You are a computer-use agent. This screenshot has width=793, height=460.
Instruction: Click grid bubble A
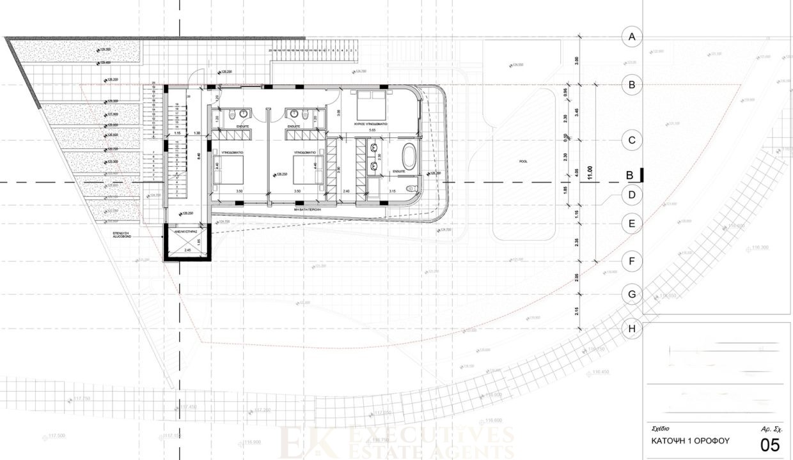tap(632, 36)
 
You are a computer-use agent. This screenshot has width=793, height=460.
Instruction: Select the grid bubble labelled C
tap(632, 140)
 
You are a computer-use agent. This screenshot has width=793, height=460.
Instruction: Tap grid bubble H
tap(632, 328)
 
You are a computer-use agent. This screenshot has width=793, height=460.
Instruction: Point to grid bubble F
tap(632, 261)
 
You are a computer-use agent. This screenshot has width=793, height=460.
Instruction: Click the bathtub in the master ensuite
tap(409, 156)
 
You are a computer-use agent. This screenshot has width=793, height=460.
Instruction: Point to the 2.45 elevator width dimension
tap(187, 250)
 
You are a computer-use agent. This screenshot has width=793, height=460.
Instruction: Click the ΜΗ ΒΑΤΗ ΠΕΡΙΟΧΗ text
tap(307, 208)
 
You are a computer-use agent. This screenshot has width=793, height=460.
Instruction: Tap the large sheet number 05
tap(769, 443)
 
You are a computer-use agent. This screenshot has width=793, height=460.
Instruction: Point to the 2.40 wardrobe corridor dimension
tap(347, 191)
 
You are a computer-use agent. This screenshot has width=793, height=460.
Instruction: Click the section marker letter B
tap(629, 174)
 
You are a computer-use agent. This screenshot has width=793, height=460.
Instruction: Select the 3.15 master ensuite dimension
tap(393, 191)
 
